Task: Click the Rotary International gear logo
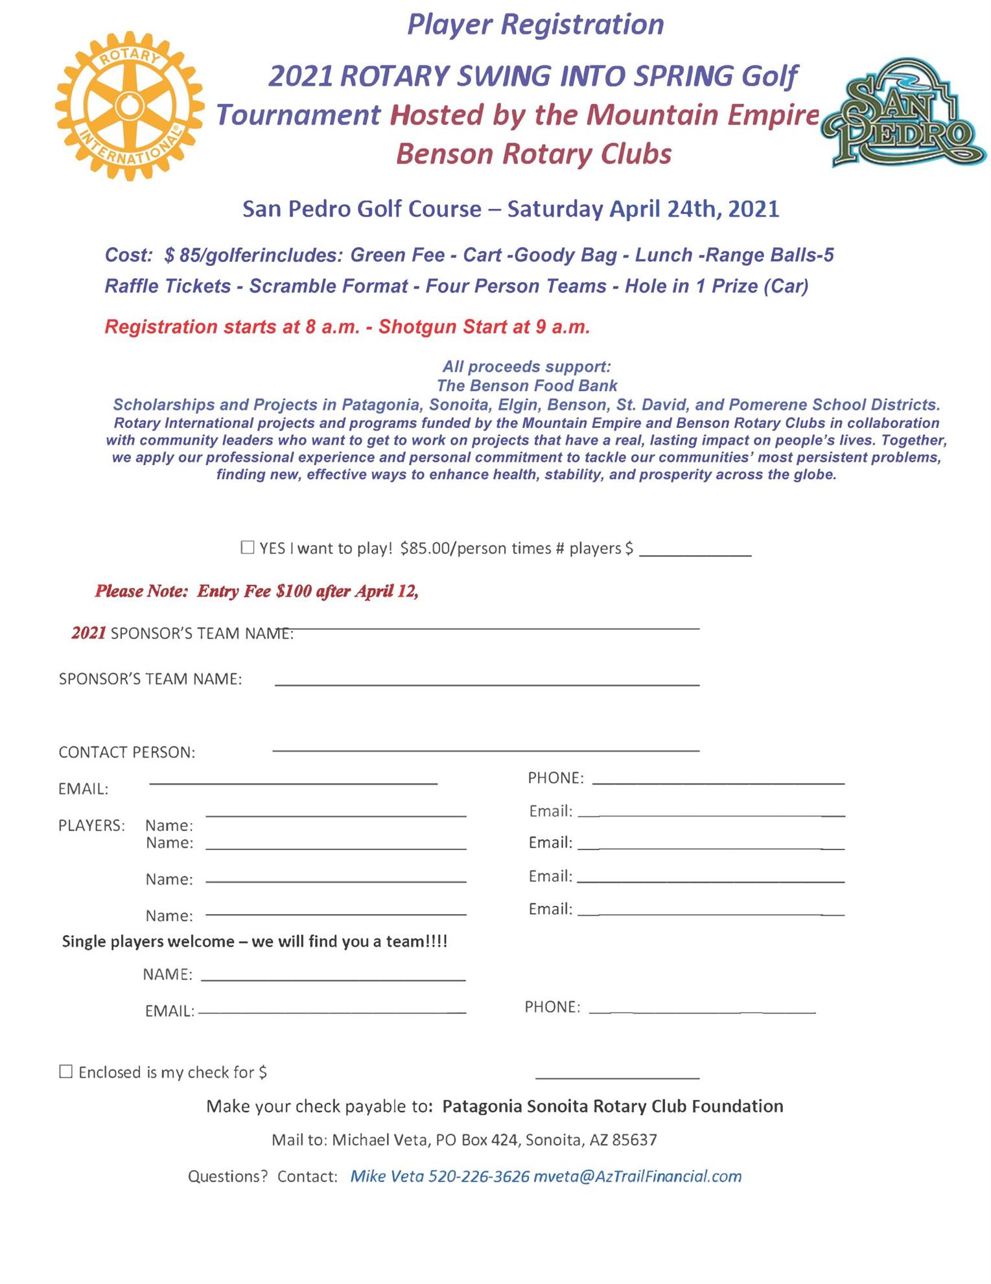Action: (130, 106)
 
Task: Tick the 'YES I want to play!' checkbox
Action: (247, 547)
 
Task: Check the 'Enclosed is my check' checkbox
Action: (65, 1071)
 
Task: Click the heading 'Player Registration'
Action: (535, 25)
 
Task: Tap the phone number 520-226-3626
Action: (479, 1176)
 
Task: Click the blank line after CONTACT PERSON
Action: (485, 750)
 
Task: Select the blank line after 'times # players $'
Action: (695, 554)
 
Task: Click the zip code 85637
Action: (635, 1140)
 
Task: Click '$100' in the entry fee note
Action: (294, 591)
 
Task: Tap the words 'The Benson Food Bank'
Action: (526, 386)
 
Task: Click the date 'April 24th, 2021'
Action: (694, 209)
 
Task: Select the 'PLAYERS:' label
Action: (91, 826)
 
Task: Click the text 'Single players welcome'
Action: (148, 942)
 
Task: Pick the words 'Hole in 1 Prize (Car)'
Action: (716, 287)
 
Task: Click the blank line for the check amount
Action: (617, 1077)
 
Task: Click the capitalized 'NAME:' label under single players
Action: (167, 975)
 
